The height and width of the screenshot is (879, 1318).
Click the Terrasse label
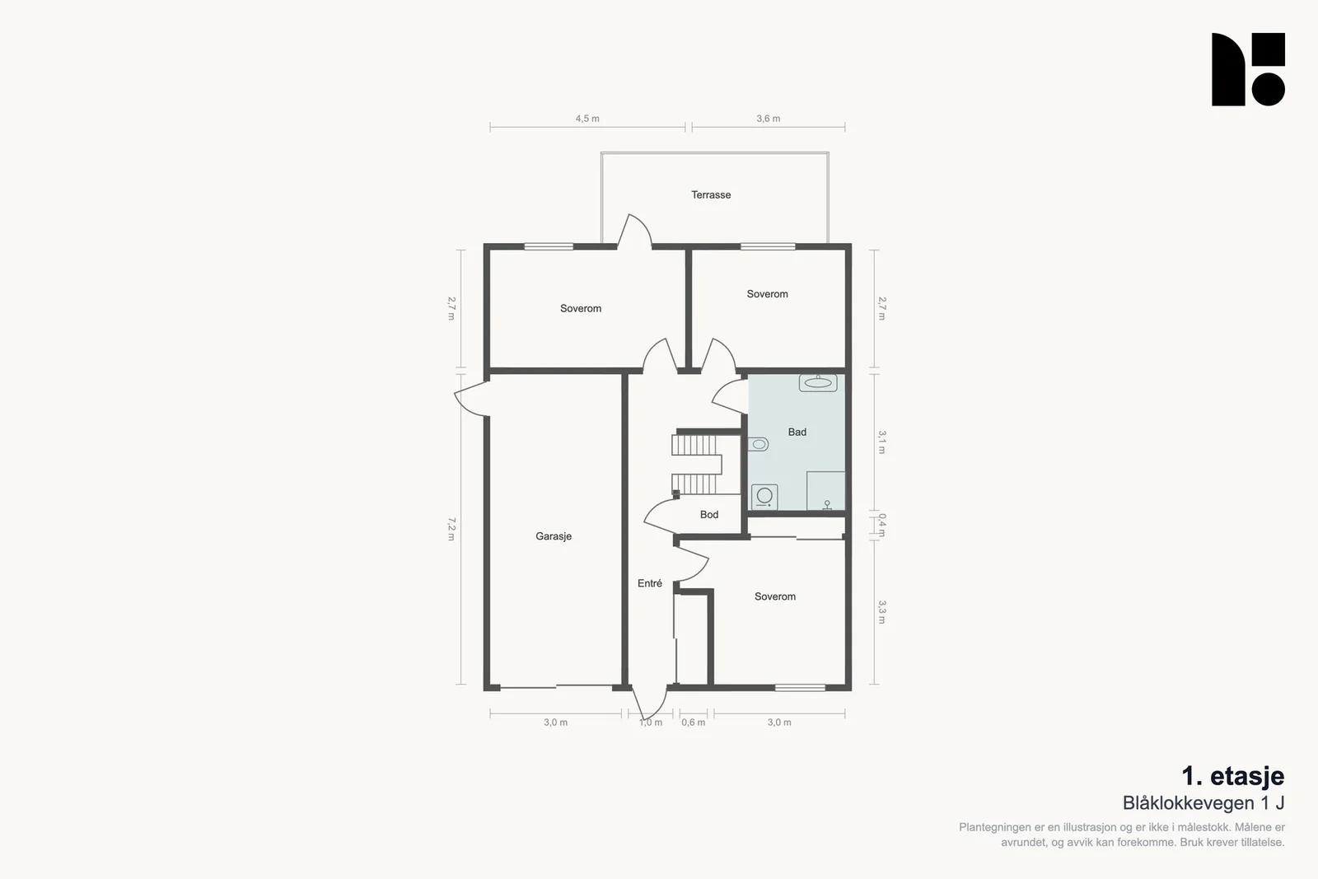click(711, 194)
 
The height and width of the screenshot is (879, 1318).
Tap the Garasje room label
click(553, 536)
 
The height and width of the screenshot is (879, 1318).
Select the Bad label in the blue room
click(797, 432)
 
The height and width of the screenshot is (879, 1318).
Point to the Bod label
click(709, 515)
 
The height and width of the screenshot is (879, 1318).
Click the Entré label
click(650, 583)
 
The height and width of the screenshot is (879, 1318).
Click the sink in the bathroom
click(818, 383)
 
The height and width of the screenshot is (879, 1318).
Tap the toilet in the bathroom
click(758, 444)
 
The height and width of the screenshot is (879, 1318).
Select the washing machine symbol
click(764, 497)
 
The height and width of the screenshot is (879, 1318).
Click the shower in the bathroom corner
click(825, 491)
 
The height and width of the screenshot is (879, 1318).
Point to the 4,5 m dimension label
click(587, 119)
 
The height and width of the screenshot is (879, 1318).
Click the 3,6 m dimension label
click(768, 119)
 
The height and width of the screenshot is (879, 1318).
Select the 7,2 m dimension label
click(451, 529)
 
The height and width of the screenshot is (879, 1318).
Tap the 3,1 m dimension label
click(881, 442)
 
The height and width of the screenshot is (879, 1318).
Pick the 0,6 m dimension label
click(693, 722)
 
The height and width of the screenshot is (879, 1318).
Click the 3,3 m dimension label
click(881, 612)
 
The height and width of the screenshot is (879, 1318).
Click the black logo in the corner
click(1248, 69)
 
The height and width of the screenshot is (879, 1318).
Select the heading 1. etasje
click(1232, 776)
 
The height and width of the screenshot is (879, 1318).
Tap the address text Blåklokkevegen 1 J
click(1203, 803)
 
